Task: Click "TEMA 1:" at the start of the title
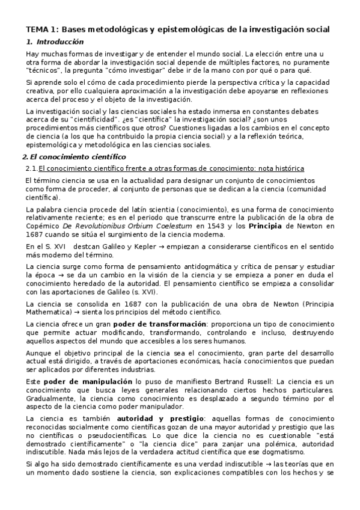[x=41, y=29]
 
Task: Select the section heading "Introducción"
[x=60, y=42]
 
